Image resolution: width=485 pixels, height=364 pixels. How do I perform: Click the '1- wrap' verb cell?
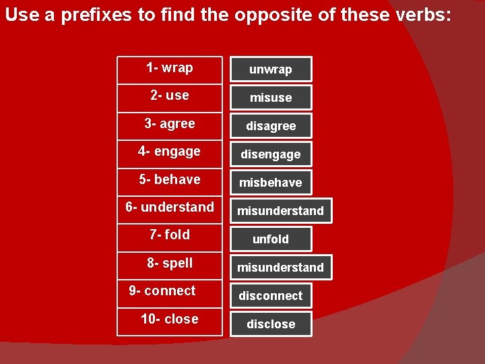point(170,68)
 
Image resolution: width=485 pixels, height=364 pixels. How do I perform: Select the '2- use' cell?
point(170,96)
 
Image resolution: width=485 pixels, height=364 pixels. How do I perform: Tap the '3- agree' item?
point(170,124)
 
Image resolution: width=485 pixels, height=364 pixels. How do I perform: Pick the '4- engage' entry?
point(170,152)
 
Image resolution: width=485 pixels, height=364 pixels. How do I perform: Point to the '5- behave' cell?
point(170,180)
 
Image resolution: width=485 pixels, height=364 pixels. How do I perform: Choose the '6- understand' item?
point(170,208)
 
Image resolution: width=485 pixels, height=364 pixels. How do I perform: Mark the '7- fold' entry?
point(170,235)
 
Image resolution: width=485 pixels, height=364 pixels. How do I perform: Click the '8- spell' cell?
point(170,264)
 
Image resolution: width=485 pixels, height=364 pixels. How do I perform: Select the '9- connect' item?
point(170,291)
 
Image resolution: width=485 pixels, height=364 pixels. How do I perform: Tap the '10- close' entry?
point(170,320)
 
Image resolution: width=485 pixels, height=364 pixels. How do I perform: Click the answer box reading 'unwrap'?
point(271,69)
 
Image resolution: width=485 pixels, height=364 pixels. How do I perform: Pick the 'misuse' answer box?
point(271,98)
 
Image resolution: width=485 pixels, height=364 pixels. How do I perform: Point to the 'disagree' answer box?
point(271,126)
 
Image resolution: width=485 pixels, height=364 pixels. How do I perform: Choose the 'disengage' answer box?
point(271,154)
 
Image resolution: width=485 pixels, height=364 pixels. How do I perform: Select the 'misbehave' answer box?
point(271,183)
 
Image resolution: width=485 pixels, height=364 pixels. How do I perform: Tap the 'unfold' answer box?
point(271,239)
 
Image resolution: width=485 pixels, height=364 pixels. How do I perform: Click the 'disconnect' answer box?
point(271,296)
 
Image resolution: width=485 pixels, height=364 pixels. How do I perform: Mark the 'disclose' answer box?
point(271,324)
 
